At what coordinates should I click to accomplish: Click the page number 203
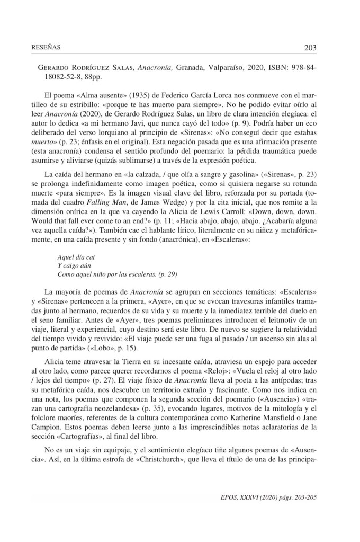[x=310, y=48]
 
